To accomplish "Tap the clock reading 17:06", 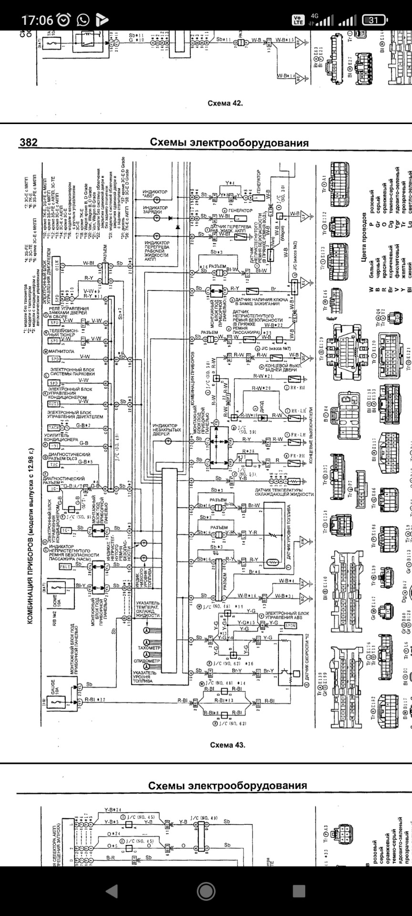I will click(37, 20).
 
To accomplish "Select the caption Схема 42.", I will click(226, 103).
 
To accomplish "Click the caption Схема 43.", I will click(227, 745).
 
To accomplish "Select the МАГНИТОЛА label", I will click(61, 351).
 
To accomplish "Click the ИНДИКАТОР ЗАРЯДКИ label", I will click(155, 210).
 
